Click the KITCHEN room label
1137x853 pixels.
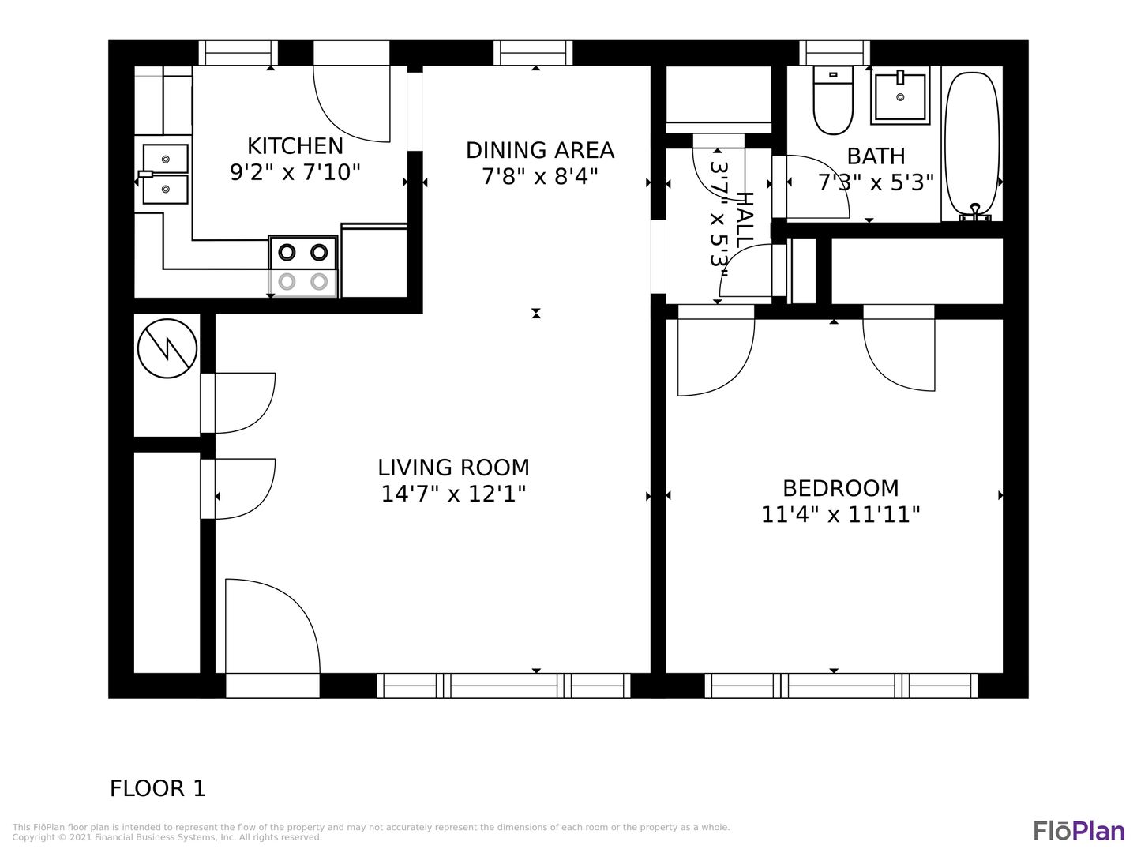pos(295,146)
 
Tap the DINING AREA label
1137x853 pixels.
pos(540,150)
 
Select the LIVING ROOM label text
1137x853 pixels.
pos(453,468)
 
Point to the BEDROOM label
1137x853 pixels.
pos(841,488)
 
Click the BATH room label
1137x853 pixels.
pos(876,156)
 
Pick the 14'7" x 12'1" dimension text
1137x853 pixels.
pos(453,494)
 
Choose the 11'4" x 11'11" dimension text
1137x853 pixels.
pos(840,515)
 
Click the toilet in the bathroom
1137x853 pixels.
pos(833,100)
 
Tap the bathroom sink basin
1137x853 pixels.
pos(900,97)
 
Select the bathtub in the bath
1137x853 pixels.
pos(972,146)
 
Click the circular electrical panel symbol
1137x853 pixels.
pos(167,348)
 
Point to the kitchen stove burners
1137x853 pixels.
pos(303,267)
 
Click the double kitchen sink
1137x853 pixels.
pos(165,174)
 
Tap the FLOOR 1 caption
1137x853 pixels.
pos(157,788)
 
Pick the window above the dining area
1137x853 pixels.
pos(533,53)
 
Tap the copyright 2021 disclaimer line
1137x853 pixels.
pos(167,837)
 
